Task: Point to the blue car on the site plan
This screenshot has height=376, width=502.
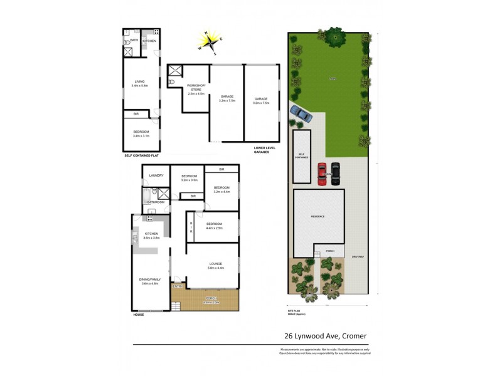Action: [x=301, y=113]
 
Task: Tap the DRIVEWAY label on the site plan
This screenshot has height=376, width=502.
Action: [x=358, y=256]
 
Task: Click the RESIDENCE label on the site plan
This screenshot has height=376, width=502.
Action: [x=319, y=216]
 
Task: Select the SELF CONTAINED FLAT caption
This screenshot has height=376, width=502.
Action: [x=141, y=154]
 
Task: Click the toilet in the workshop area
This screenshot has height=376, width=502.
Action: [x=172, y=82]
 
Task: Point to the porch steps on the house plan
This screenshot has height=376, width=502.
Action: [x=176, y=306]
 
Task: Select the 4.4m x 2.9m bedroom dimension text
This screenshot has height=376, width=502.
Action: [x=215, y=228]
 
